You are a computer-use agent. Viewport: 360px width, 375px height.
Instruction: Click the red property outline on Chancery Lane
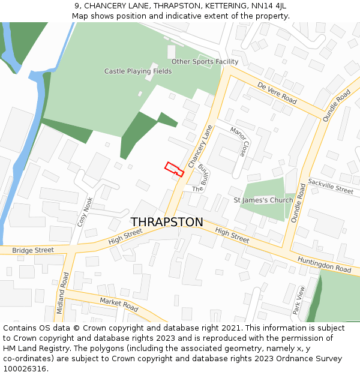click(x=174, y=169)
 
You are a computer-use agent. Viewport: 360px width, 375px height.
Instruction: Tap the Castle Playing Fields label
click(x=138, y=71)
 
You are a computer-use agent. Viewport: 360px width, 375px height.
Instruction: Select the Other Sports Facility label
click(x=205, y=62)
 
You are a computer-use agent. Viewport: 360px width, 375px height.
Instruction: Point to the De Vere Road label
click(x=277, y=93)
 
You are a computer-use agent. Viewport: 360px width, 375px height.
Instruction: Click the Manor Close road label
click(x=239, y=142)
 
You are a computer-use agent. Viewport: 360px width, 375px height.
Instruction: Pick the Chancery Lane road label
click(x=200, y=146)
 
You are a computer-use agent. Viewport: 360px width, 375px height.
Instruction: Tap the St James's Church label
click(x=263, y=200)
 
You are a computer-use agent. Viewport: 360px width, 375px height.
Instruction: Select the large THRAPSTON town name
click(x=167, y=222)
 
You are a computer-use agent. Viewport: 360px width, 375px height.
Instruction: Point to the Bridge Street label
click(x=32, y=250)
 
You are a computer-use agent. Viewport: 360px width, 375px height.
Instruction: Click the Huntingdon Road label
click(x=324, y=264)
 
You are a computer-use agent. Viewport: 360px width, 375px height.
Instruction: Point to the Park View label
click(x=298, y=300)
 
